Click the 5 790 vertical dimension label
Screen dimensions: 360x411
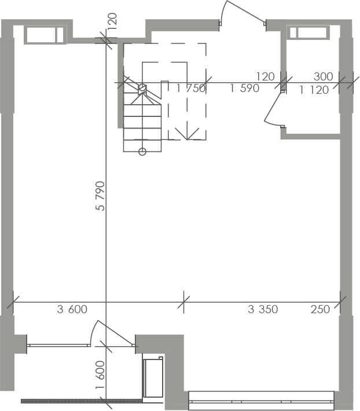[100, 196]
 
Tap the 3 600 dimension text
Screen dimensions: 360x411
[72, 309]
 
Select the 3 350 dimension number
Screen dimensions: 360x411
[263, 309]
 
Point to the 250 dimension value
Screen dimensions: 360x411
[320, 309]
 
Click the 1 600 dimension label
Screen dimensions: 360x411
[100, 375]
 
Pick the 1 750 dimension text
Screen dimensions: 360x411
[191, 89]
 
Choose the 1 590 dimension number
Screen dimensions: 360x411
[245, 89]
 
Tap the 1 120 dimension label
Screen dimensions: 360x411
[314, 90]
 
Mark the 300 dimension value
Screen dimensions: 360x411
[324, 76]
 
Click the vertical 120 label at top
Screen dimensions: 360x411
[112, 21]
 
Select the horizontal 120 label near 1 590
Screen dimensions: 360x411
[266, 76]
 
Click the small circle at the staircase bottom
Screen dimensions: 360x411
[142, 152]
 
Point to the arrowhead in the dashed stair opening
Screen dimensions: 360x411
[187, 134]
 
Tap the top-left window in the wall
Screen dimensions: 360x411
[45, 35]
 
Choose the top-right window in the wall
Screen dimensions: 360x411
[308, 32]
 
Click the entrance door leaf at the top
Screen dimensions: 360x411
[245, 11]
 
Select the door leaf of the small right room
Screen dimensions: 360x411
[273, 107]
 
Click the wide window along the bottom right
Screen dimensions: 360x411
[261, 401]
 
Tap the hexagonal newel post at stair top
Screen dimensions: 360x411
[142, 87]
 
